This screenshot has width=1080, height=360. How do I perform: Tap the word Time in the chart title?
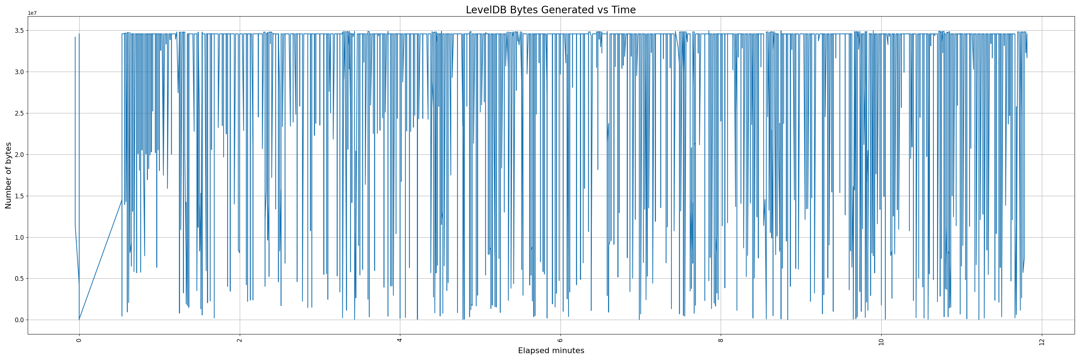click(624, 10)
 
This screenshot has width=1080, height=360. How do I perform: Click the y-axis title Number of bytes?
click(8, 175)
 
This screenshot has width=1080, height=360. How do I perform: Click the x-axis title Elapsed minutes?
click(551, 351)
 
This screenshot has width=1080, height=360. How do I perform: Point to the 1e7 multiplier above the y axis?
click(32, 13)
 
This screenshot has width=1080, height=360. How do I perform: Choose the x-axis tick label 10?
click(881, 341)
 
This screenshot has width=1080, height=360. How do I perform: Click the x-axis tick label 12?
click(1041, 341)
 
